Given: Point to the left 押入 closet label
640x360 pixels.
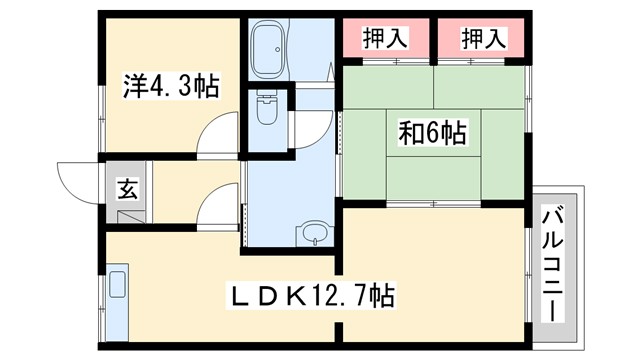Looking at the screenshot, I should tap(384, 39).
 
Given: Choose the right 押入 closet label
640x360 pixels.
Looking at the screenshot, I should tap(484, 39).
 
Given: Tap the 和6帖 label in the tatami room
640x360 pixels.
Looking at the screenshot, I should tap(432, 130).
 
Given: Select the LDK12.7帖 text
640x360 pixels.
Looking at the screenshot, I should tap(312, 296).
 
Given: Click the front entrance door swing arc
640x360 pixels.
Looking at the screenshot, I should tap(76, 180).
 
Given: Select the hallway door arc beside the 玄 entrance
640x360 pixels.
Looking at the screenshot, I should tap(213, 208).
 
